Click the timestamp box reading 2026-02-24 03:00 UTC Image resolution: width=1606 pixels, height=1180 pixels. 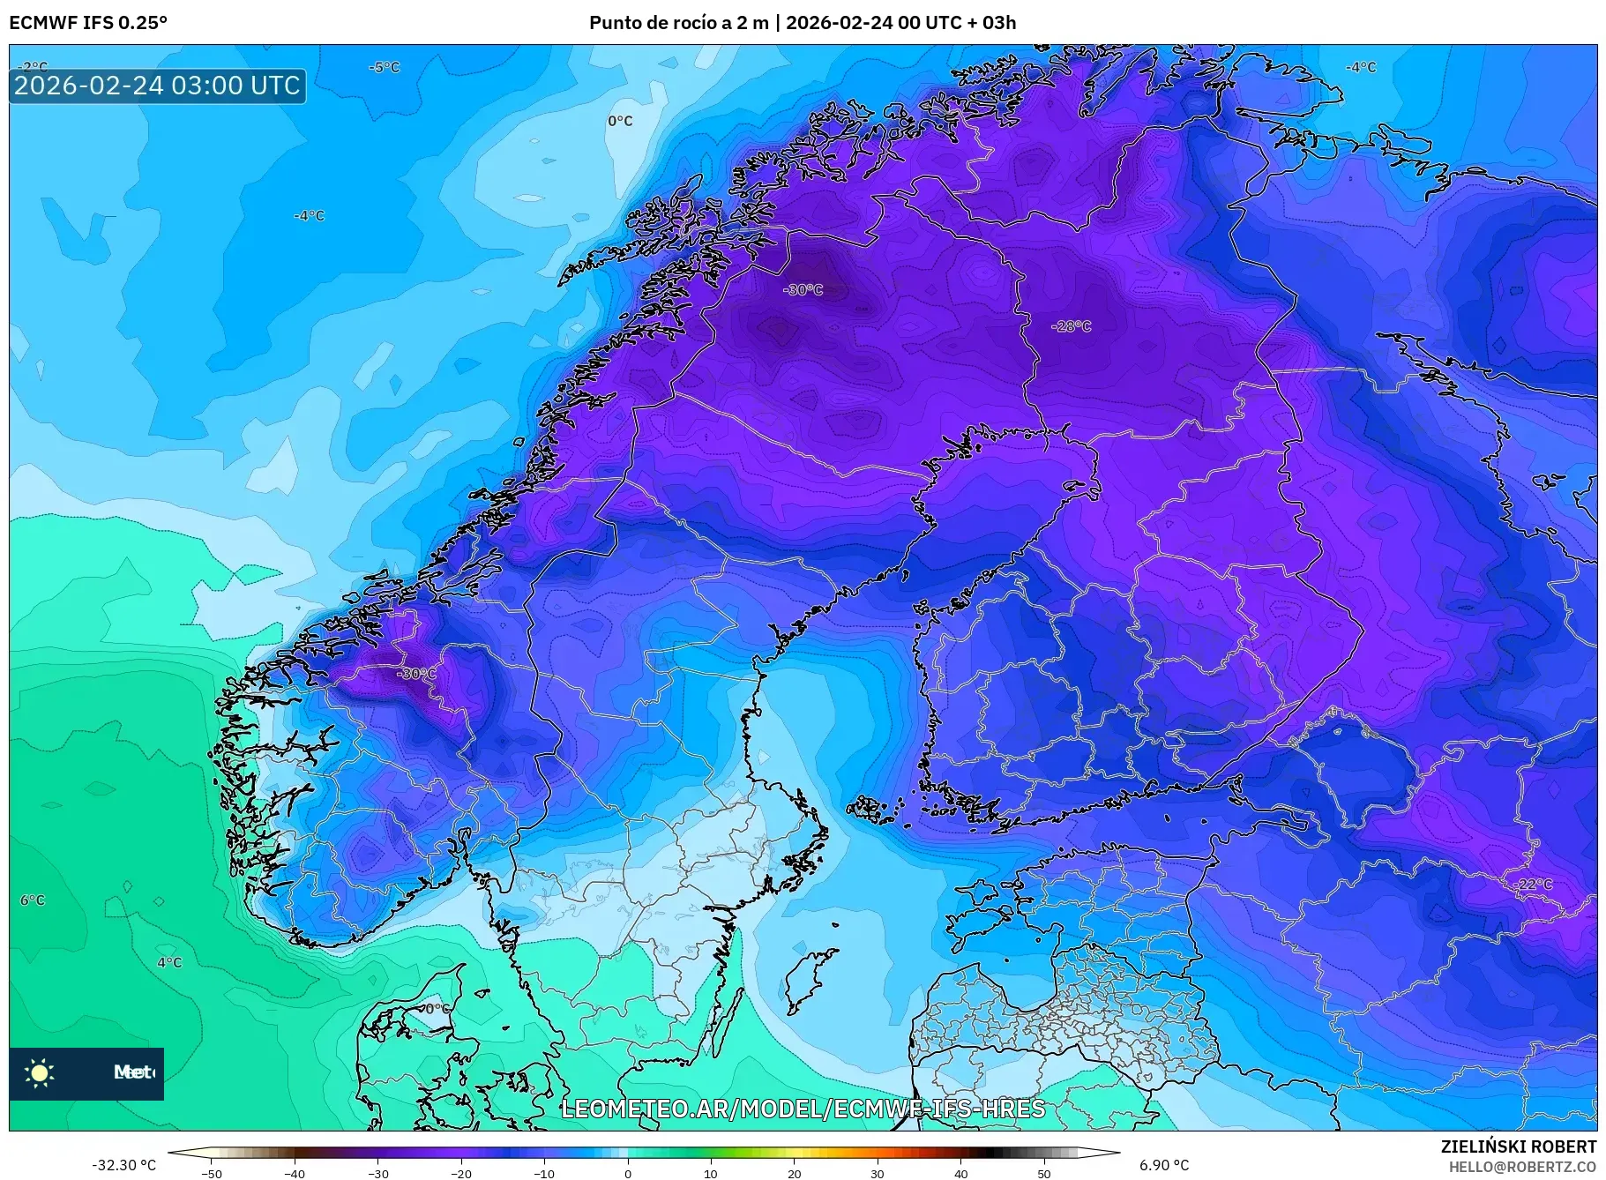tap(157, 86)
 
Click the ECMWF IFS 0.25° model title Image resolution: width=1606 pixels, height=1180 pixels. tap(88, 23)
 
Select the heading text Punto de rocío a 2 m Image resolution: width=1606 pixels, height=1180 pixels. tap(679, 23)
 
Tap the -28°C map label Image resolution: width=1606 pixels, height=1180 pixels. tap(1071, 326)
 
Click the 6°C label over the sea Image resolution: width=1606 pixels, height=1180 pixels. tap(33, 900)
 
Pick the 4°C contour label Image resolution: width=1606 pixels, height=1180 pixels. tap(169, 962)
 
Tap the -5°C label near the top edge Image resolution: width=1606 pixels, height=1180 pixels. tap(384, 67)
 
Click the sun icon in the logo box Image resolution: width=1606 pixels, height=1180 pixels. tap(40, 1072)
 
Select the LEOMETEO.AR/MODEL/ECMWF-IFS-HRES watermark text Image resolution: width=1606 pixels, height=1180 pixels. tap(803, 1109)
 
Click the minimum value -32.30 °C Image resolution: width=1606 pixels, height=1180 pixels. tap(123, 1165)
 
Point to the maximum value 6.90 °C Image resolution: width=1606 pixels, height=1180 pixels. tap(1163, 1165)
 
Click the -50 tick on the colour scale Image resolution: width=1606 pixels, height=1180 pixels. tap(212, 1174)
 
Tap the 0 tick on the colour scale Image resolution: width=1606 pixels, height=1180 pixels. tap(628, 1174)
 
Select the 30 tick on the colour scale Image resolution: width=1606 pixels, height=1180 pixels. tap(878, 1174)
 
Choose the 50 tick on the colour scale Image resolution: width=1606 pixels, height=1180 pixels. tap(1044, 1174)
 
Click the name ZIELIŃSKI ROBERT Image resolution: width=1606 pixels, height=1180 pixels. tap(1518, 1146)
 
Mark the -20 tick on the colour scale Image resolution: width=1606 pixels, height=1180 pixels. tap(461, 1174)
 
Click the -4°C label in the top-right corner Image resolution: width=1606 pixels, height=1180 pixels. tap(1360, 67)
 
